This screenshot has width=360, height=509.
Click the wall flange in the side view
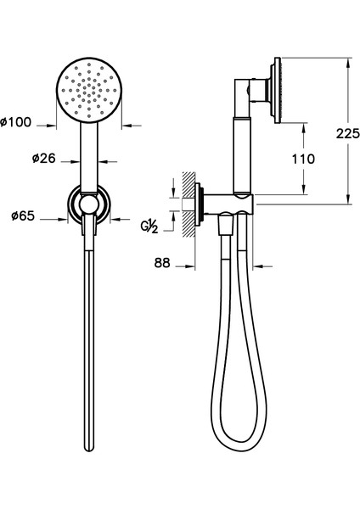coord(200,205)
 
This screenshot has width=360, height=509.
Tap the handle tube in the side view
coord(240,153)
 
